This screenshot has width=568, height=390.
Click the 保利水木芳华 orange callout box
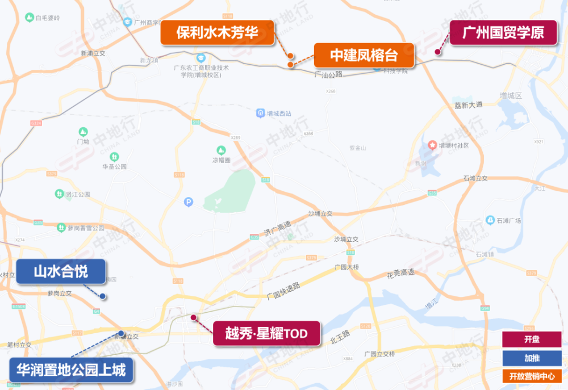217,33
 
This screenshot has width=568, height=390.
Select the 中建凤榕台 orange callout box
364,56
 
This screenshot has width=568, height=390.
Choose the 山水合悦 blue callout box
61,271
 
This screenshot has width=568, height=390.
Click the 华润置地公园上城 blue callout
71,370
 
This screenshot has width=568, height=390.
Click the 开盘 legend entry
532,339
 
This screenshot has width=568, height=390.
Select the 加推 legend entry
532,358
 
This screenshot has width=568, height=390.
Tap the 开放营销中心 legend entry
532,376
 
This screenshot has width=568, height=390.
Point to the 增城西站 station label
278,114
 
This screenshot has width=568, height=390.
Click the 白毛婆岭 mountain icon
29,18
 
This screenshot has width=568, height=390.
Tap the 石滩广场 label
508,220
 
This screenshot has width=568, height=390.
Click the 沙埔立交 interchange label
320,213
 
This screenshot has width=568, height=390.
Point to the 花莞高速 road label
400,273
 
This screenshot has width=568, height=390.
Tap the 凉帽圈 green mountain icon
220,150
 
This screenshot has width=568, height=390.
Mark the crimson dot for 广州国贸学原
438,52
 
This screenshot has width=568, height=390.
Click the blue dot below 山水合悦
102,296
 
